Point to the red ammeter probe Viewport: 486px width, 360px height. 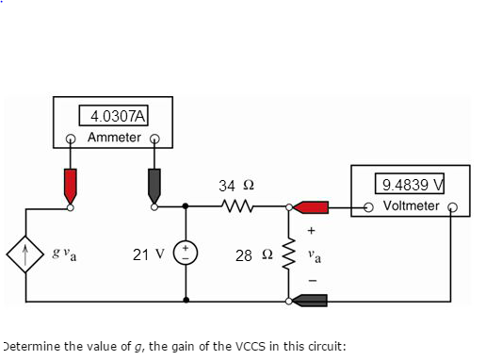pyautogui.click(x=70, y=183)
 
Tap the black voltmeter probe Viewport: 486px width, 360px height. pyautogui.click(x=310, y=302)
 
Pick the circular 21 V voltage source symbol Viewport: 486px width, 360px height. pyautogui.click(x=187, y=254)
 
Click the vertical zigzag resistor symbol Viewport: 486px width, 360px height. pyautogui.click(x=289, y=254)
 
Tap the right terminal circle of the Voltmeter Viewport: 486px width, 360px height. pyautogui.click(x=452, y=207)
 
